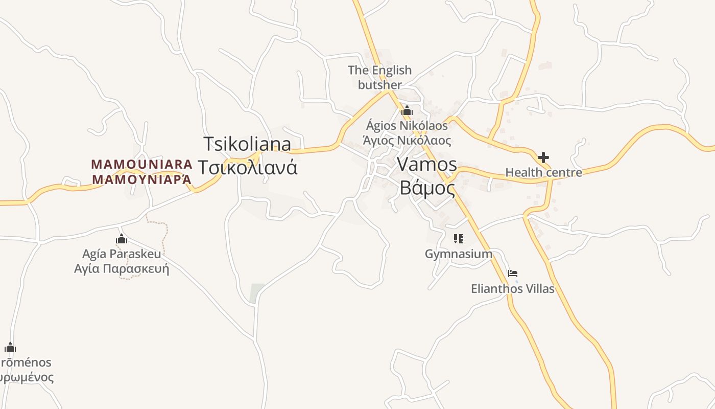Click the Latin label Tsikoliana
click(247, 144)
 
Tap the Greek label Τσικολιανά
click(247, 167)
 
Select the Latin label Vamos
click(426, 164)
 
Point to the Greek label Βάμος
click(427, 188)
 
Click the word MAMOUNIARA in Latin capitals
click(142, 164)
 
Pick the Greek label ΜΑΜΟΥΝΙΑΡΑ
click(142, 179)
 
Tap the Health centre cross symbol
click(543, 157)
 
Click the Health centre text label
click(543, 172)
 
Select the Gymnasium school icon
click(458, 238)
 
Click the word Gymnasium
click(459, 254)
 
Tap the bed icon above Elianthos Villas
click(513, 274)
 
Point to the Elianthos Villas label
click(512, 289)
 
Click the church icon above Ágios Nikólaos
click(407, 110)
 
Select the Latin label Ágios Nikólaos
click(407, 125)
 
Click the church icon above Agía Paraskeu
click(122, 239)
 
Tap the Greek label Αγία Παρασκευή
click(122, 268)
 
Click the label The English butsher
click(379, 77)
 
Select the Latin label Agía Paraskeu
click(122, 254)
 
